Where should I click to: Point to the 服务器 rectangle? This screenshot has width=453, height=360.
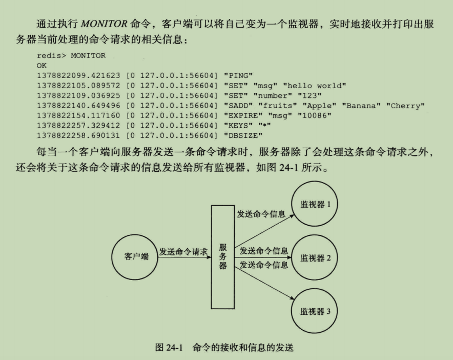tap(223, 256)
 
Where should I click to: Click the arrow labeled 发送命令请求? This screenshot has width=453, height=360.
tap(185, 258)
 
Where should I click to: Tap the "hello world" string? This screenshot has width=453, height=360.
tap(315, 86)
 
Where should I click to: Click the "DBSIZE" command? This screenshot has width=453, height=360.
tap(243, 135)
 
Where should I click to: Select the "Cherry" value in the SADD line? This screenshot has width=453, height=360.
tap(408, 106)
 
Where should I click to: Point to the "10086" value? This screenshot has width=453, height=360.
tap(314, 115)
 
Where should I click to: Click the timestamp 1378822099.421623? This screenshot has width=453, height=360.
tap(78, 75)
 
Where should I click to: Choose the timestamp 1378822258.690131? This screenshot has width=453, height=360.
tap(78, 135)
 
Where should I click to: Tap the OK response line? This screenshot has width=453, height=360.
tap(42, 66)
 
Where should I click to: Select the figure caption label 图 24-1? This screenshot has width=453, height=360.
tap(169, 347)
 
